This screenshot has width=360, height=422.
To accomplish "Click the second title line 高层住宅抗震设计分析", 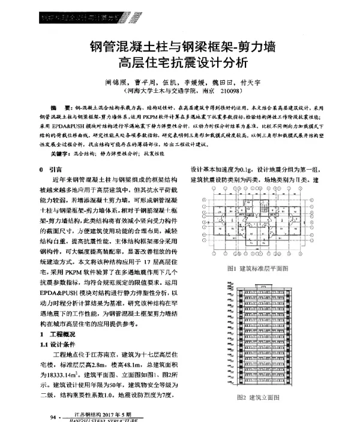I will pyautogui.click(x=179, y=62).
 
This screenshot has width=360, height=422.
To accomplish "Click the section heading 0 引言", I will pyautogui.click(x=49, y=170).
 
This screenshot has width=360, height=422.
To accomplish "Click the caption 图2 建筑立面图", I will pyautogui.click(x=259, y=397).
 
